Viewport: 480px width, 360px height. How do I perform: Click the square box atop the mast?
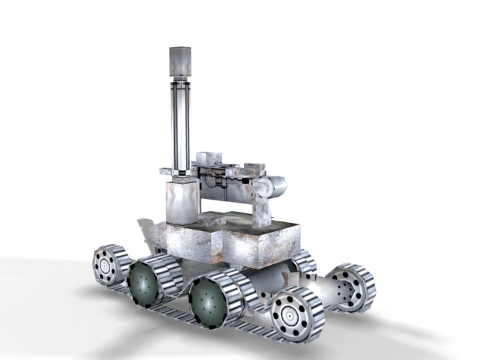click(x=180, y=61)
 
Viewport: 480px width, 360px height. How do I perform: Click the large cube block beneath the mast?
click(x=183, y=202)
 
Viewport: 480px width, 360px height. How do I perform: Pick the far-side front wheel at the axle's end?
click(x=350, y=287)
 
